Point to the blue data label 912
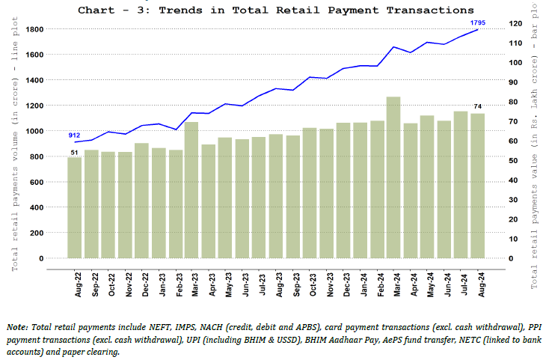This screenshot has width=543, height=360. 74,135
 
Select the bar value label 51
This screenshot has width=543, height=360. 74,153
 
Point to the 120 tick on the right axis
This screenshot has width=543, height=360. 515,23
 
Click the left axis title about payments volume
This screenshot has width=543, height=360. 15,143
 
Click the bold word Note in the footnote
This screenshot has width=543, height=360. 16,327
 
